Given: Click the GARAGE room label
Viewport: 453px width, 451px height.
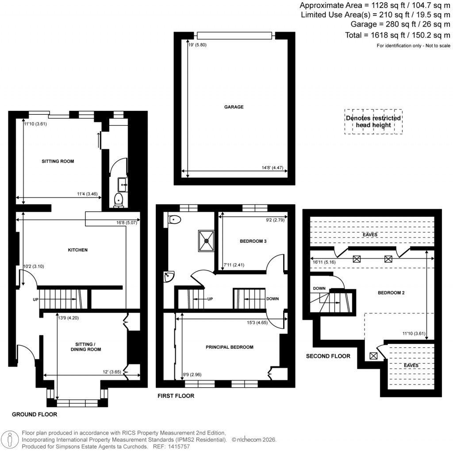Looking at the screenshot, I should [234, 107].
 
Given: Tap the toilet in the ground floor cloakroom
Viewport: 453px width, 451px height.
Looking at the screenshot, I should [119, 200].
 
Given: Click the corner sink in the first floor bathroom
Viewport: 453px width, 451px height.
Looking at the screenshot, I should [169, 277].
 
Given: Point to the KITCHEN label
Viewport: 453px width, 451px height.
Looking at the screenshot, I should [77, 250].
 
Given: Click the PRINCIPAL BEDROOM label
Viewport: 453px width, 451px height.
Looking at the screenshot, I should [229, 347].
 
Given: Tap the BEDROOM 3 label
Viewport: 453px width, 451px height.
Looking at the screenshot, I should [253, 241].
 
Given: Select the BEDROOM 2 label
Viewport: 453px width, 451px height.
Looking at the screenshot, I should [391, 293].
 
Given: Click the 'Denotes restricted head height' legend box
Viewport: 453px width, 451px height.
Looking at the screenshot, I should [373, 121].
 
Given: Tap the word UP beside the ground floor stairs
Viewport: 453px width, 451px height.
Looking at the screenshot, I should [35, 300].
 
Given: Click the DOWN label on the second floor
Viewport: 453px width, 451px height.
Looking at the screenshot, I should [319, 288].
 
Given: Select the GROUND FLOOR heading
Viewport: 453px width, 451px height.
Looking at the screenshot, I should [35, 415].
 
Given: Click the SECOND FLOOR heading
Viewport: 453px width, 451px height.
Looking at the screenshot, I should [328, 356].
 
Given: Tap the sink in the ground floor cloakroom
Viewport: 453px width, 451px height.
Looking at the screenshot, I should [123, 183].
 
